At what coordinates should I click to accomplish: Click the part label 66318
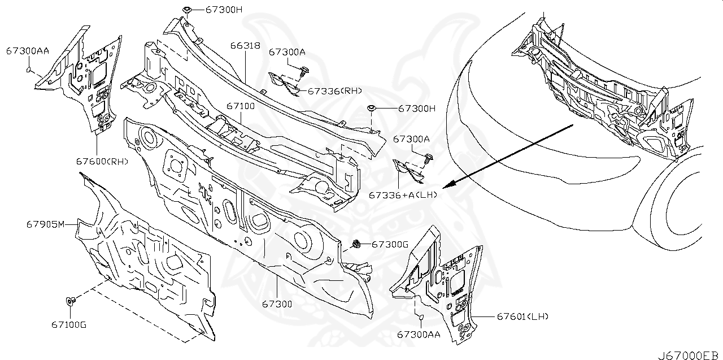click(245, 45)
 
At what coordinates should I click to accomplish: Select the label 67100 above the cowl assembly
click(241, 106)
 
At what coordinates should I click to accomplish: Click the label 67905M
click(46, 224)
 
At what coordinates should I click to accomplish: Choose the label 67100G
click(69, 325)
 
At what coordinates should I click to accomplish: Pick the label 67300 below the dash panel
click(277, 304)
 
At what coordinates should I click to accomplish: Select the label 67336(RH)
click(334, 90)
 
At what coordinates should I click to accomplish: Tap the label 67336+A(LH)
click(403, 194)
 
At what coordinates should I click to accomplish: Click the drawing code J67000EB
click(687, 355)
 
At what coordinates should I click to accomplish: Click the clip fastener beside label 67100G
click(71, 301)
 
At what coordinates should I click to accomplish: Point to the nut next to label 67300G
click(357, 244)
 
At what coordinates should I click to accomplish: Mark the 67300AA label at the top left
click(28, 51)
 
